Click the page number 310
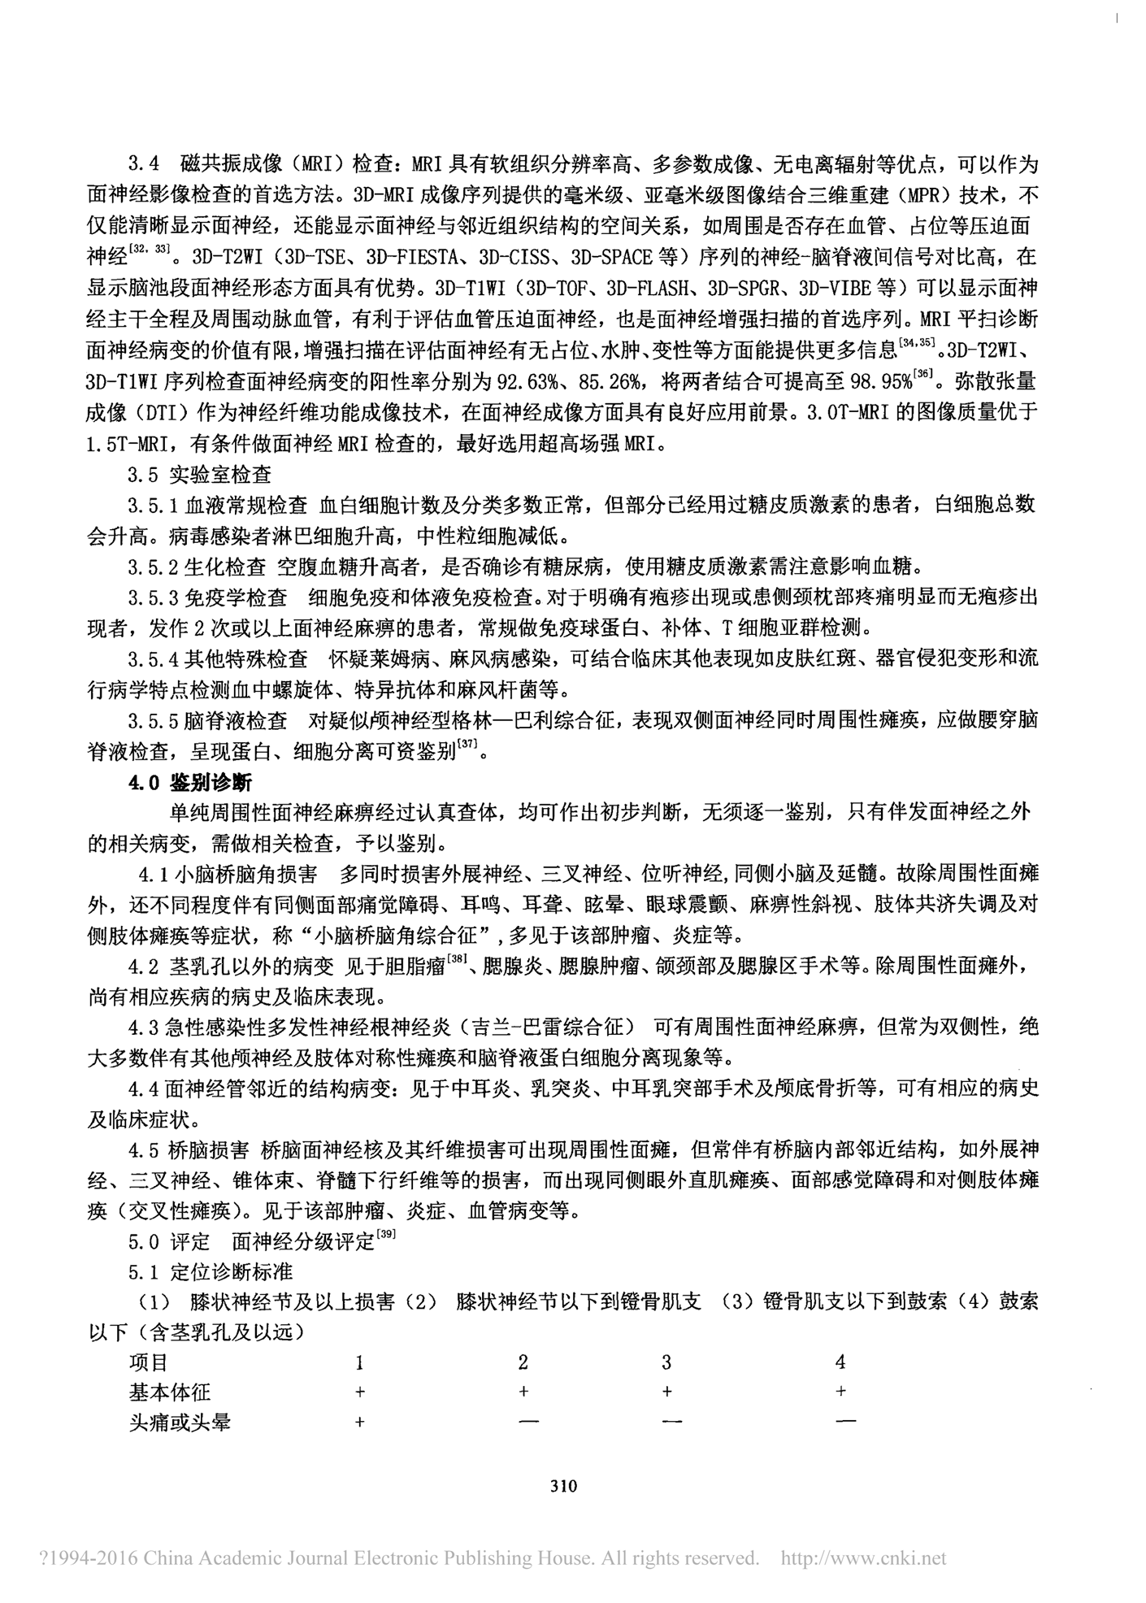pos(563,1486)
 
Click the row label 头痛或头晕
pos(180,1423)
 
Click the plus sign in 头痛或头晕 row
pos(360,1423)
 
